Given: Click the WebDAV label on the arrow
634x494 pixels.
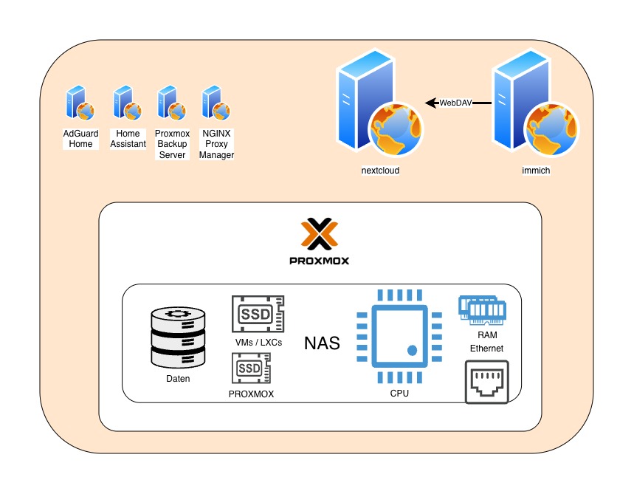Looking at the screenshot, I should (x=455, y=103).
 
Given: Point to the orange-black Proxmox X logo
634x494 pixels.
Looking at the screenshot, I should (x=320, y=236).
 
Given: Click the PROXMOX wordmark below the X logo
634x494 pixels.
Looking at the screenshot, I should (x=320, y=261).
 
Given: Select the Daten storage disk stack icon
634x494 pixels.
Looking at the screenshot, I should (x=176, y=338).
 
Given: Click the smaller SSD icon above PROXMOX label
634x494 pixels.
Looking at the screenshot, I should (x=252, y=367).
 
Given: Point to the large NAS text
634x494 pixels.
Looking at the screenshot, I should (x=323, y=343).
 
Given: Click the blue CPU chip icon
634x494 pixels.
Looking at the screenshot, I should (x=399, y=337).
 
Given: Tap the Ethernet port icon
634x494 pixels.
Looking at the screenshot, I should (x=487, y=382).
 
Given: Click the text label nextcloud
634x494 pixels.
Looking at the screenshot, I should (x=381, y=171).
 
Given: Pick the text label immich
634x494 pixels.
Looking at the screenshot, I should (x=536, y=171).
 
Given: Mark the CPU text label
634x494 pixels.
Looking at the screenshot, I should (x=399, y=394).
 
